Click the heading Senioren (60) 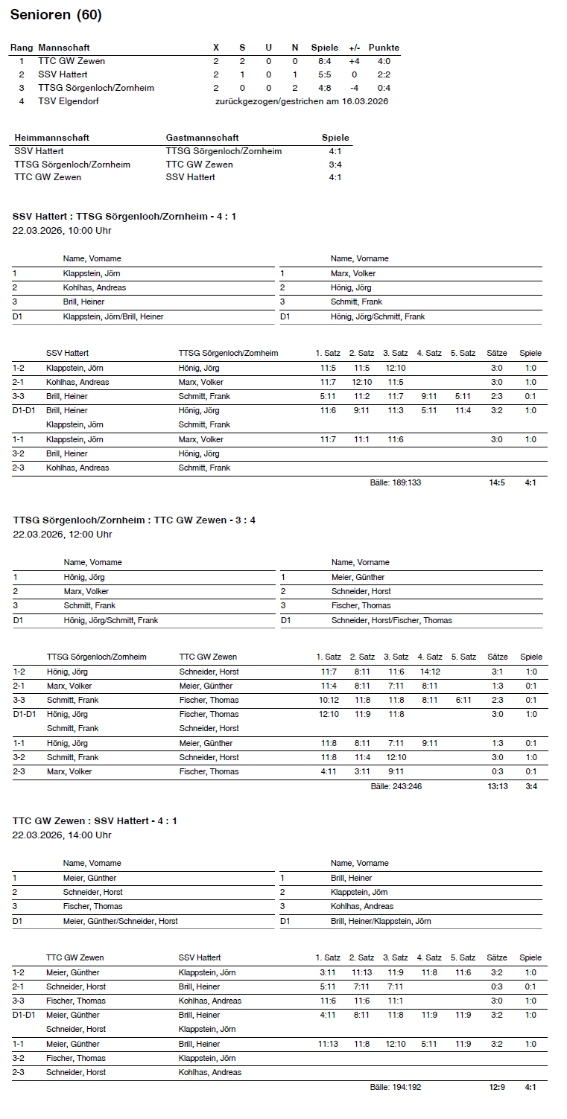coord(57,15)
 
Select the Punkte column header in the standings coord(384,48)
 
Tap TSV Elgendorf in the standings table coord(69,101)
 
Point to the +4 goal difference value coord(354,61)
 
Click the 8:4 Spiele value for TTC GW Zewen coord(324,61)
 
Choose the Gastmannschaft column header coord(202,138)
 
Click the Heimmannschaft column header coord(51,138)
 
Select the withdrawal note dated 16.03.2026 coord(301,101)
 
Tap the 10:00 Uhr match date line coord(62,231)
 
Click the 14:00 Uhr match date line coord(62,835)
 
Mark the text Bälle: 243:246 coord(396,786)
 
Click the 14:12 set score coord(430,672)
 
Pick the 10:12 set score coord(329,700)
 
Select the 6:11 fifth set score coord(463,700)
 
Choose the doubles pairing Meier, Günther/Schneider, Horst coord(121,921)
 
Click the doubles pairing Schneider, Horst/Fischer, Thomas coord(391,620)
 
